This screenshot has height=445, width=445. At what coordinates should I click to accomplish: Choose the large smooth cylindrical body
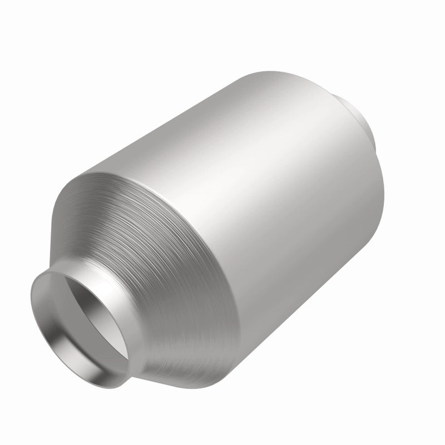coord(250,184)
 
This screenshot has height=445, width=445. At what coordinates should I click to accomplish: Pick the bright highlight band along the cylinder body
coord(234,139)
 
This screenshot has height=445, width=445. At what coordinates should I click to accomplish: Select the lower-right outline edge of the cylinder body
coord(356,250)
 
